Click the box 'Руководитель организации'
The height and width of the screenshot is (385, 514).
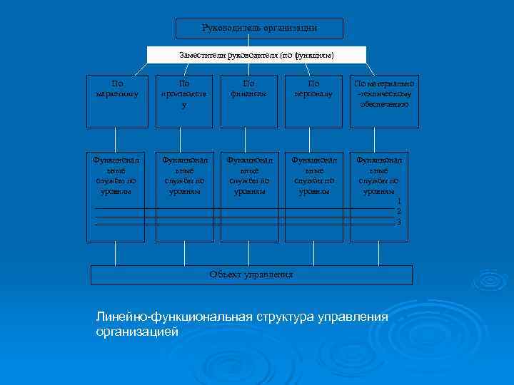pyautogui.click(x=259, y=29)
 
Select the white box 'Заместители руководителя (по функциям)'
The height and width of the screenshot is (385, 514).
pyautogui.click(x=256, y=55)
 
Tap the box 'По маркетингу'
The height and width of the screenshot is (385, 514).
pyautogui.click(x=117, y=101)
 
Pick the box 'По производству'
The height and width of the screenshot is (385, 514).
pyautogui.click(x=184, y=101)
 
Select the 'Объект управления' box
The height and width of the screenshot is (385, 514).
pyautogui.click(x=251, y=274)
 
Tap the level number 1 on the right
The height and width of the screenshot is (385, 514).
pyautogui.click(x=399, y=202)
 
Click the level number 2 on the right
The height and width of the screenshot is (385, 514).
pyautogui.click(x=399, y=212)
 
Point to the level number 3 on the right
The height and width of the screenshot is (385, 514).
pyautogui.click(x=399, y=222)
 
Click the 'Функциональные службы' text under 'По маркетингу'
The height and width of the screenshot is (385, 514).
pyautogui.click(x=116, y=175)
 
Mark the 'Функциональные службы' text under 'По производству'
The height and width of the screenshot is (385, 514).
pyautogui.click(x=184, y=175)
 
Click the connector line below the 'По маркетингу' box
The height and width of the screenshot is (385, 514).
pyautogui.click(x=116, y=139)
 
